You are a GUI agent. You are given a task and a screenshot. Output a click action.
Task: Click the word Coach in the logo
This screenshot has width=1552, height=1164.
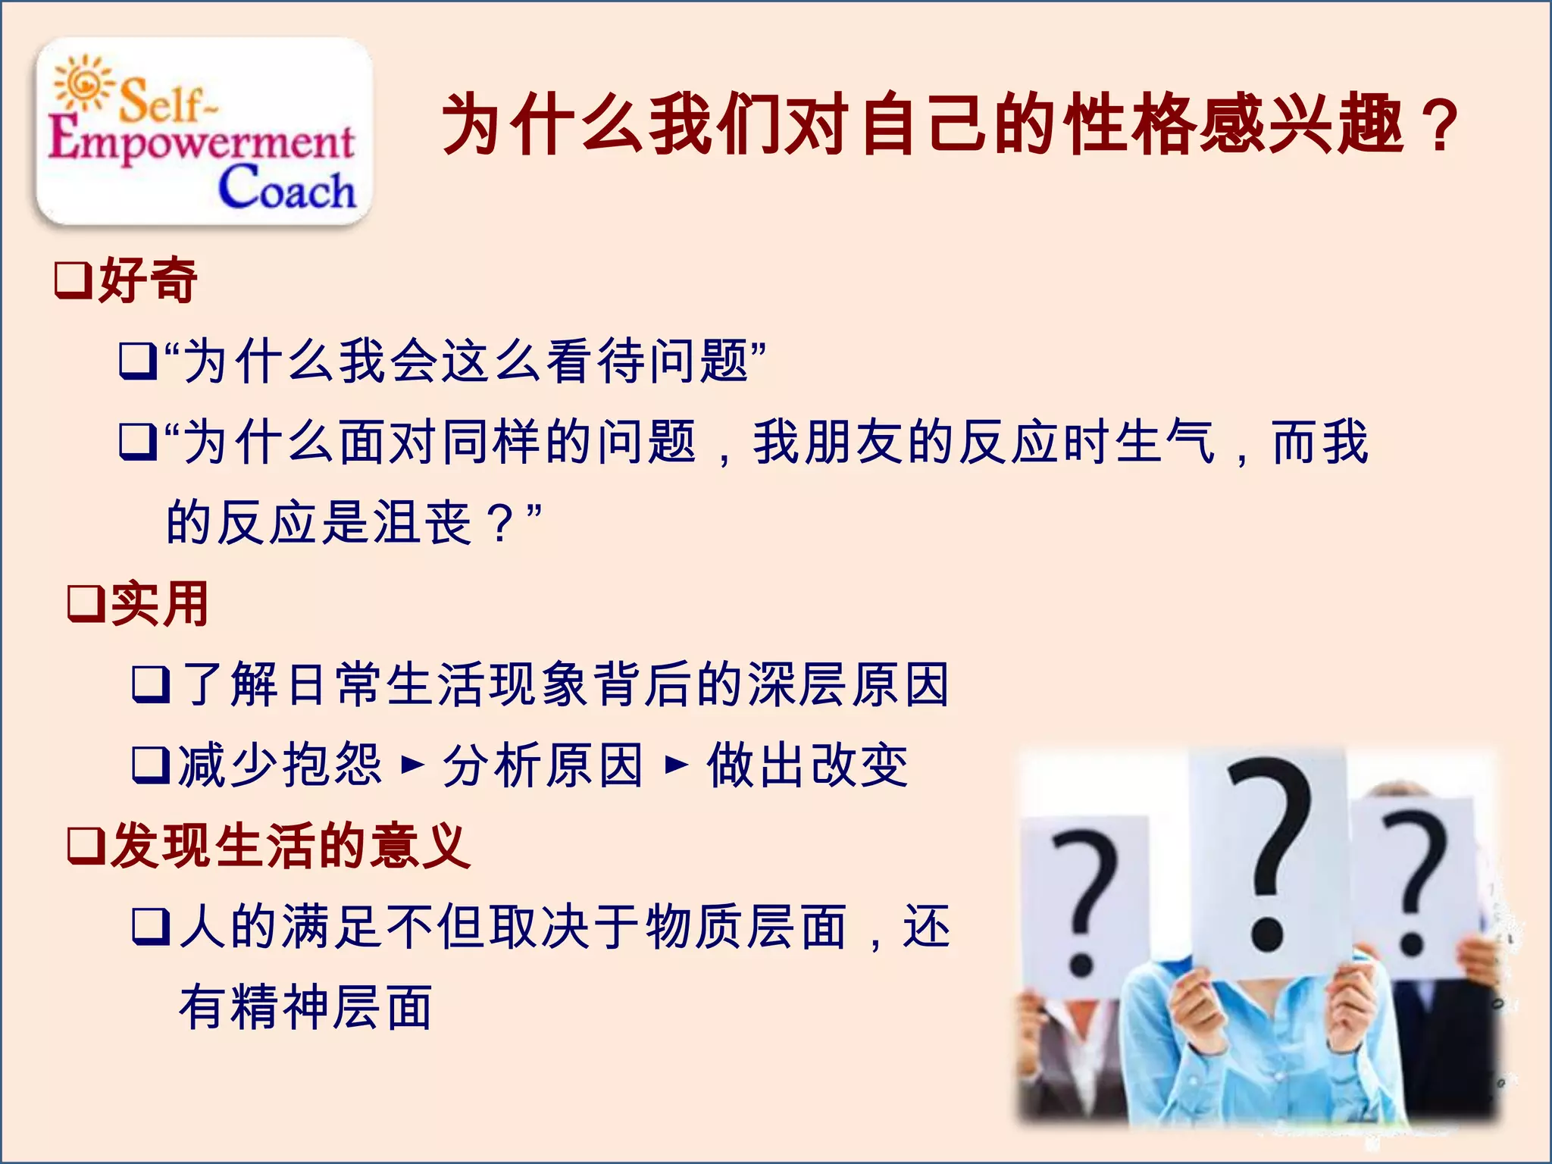coord(286,187)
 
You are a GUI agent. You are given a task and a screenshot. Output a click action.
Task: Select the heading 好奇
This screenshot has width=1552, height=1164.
coord(148,280)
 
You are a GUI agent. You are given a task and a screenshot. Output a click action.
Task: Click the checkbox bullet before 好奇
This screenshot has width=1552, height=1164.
coord(73,280)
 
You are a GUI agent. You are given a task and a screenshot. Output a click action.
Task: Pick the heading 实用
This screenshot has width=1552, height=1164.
coord(160,604)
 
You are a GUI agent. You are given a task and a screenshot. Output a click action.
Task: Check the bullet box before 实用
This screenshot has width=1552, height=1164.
coord(86,604)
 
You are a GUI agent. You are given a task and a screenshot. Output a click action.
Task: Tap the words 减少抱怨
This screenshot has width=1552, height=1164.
coord(280,765)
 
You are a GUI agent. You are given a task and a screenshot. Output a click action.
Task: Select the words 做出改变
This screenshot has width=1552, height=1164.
coord(807,765)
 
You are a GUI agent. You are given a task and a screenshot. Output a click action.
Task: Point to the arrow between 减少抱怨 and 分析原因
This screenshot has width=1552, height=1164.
coord(412,765)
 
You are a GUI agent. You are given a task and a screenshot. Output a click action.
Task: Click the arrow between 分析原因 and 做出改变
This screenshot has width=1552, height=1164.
coord(676,765)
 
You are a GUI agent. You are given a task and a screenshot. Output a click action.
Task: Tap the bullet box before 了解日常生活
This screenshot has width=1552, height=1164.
coord(150,684)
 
